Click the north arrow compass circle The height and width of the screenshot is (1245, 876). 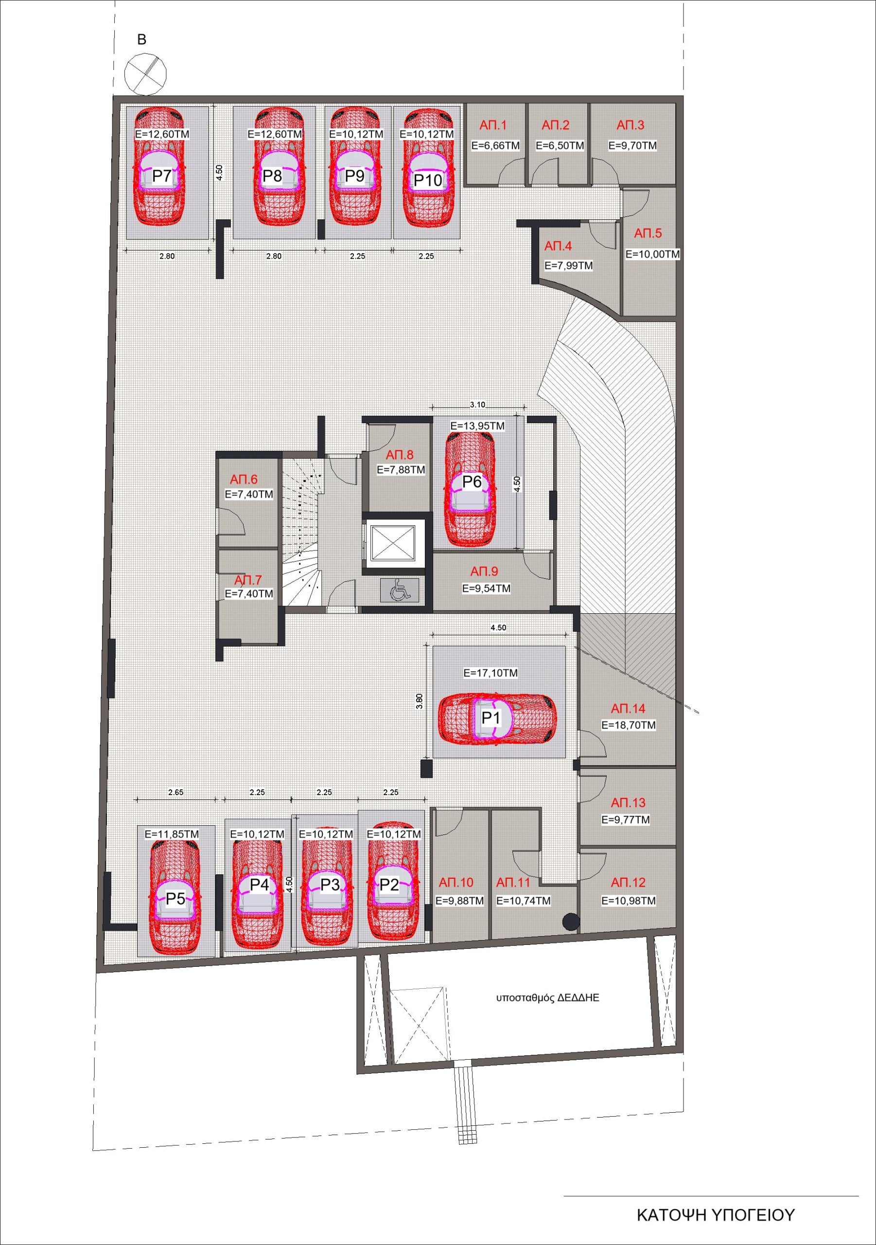145,74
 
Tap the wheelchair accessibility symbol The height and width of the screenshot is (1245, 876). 400,589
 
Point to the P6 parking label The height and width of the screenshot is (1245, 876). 472,481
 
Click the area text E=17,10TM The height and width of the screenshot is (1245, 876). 491,673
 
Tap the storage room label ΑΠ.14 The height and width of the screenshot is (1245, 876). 628,708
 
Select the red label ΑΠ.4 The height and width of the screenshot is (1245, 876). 558,246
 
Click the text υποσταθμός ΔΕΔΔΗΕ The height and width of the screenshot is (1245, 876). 547,998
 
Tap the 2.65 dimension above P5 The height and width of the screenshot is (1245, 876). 175,792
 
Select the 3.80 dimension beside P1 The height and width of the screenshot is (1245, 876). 419,701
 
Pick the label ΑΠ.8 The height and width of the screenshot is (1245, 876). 400,454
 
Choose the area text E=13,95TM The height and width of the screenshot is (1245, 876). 477,426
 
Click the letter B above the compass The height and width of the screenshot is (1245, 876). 142,39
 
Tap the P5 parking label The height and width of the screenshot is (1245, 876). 175,899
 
